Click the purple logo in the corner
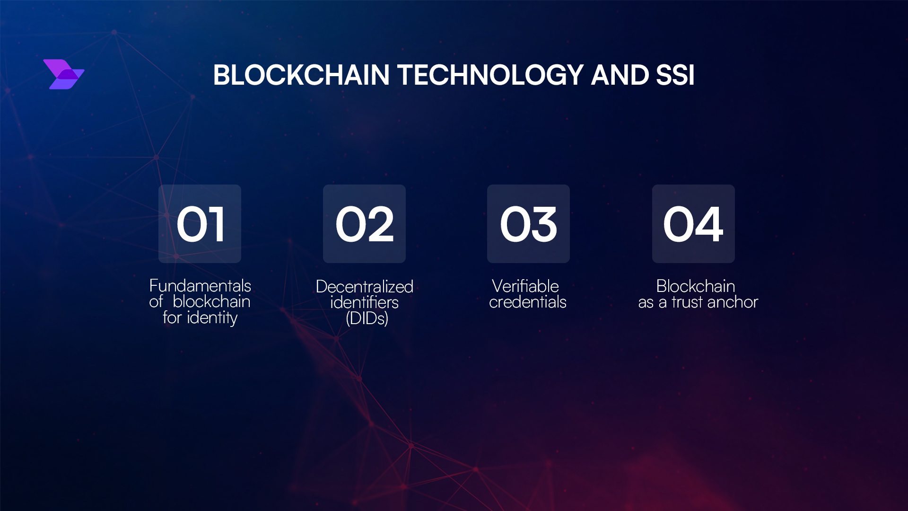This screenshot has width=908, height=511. click(63, 74)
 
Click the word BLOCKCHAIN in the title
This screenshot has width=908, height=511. click(301, 75)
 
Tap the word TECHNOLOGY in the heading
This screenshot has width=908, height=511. click(490, 75)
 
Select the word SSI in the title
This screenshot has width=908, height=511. click(675, 75)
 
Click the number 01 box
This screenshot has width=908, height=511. click(200, 224)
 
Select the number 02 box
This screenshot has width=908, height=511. click(364, 224)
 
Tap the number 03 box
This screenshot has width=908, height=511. click(528, 224)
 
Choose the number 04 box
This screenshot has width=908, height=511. click(693, 224)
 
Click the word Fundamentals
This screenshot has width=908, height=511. click(200, 286)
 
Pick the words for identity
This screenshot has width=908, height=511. click(200, 317)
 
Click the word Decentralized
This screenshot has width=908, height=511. click(364, 287)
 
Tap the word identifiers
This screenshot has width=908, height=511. click(364, 302)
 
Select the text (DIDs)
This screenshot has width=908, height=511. click(367, 318)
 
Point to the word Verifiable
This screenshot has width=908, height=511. click(525, 286)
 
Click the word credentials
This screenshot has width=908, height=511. click(527, 302)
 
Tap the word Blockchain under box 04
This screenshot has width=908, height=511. click(695, 286)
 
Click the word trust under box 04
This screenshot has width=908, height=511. click(687, 302)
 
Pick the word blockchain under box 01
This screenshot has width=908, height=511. click(211, 302)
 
